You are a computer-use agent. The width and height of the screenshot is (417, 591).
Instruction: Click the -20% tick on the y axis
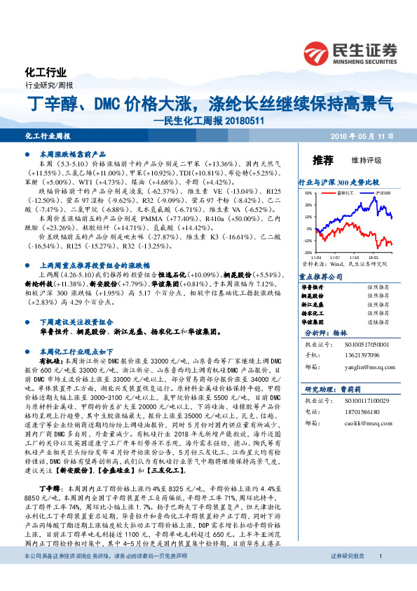308,251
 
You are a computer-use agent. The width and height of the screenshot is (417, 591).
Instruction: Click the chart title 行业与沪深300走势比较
339,181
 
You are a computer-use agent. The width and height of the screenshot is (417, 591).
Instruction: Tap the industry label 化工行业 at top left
45,72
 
